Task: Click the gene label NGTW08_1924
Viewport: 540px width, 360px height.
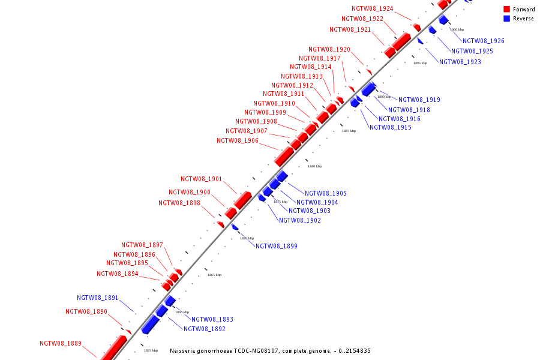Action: pos(373,9)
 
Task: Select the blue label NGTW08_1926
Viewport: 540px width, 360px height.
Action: pos(484,41)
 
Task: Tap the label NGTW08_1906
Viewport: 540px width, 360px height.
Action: pos(238,141)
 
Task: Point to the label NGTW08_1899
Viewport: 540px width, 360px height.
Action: pos(277,247)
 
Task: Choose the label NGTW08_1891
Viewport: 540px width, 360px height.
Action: pos(98,298)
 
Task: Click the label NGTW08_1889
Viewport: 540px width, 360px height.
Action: pos(61,344)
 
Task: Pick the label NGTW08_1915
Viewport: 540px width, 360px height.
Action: pos(391,128)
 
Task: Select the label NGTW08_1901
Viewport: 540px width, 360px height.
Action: pos(202,179)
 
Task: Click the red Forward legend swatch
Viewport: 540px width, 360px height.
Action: pos(507,10)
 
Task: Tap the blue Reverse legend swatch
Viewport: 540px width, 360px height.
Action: pos(507,19)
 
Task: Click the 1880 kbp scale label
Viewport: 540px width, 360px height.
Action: pos(314,166)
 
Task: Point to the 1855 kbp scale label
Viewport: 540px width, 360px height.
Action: pos(151,350)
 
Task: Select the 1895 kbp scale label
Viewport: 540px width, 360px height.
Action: pos(420,63)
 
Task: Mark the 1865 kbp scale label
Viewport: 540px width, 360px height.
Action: pos(214,275)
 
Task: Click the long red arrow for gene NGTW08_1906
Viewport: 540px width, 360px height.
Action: pos(284,156)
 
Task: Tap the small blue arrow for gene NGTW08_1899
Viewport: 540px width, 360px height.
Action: pos(235,227)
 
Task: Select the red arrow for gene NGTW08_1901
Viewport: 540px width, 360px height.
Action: pos(243,200)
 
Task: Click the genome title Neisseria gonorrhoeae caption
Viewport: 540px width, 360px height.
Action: pos(270,351)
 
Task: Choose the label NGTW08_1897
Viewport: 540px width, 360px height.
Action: pos(142,245)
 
